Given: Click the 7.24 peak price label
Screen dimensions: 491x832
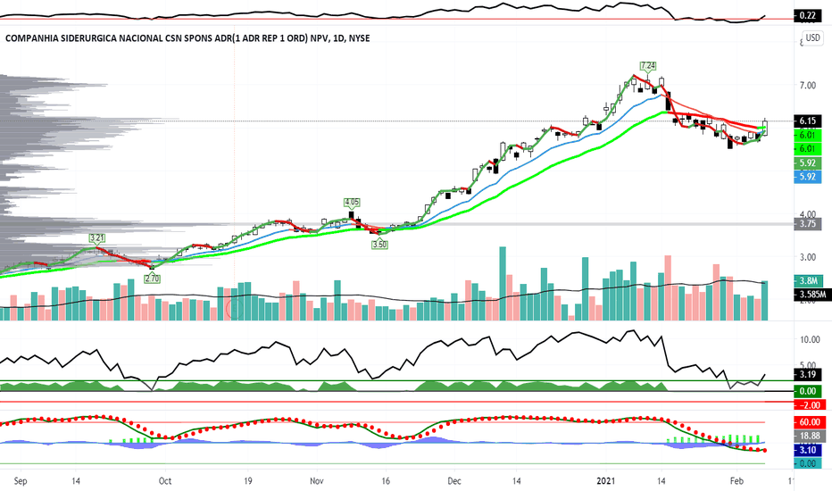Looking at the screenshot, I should click(x=648, y=66).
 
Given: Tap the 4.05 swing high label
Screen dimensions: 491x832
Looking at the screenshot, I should click(x=352, y=203).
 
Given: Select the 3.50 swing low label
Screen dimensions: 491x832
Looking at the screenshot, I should click(x=379, y=244).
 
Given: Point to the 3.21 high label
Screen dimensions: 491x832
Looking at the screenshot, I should click(x=97, y=238).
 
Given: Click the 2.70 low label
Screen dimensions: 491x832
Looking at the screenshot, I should click(x=152, y=279).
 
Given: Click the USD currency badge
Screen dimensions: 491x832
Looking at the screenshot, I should click(x=813, y=38).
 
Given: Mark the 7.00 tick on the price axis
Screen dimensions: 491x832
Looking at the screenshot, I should click(x=808, y=86).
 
